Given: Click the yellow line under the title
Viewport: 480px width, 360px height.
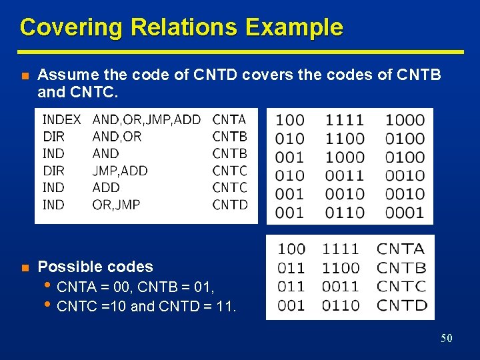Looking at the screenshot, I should (240, 51).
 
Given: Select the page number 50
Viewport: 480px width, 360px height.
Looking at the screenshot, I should (446, 339).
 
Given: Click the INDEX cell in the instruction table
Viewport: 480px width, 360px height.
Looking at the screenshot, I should (61, 120).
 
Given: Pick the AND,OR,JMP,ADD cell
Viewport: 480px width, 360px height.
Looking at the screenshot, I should (146, 120).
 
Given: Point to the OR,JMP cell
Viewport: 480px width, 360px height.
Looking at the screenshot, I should (116, 205).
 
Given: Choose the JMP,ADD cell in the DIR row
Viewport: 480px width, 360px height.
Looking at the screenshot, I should (120, 171).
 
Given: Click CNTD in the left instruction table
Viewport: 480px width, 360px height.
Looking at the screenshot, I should (229, 205).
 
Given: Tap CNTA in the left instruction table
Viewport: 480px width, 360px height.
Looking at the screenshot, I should (229, 120).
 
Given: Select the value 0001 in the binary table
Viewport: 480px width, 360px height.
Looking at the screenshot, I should (405, 213).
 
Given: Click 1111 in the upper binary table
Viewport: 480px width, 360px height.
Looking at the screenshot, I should (345, 120).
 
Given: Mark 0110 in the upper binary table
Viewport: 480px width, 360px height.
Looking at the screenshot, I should (345, 213).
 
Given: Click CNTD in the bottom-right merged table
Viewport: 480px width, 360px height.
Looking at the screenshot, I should (401, 305).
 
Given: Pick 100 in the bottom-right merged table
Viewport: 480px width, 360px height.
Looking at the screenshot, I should (291, 249).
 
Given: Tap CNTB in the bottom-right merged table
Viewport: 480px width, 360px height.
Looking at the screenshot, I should (401, 268).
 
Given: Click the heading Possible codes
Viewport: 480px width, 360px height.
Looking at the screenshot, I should (95, 267).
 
